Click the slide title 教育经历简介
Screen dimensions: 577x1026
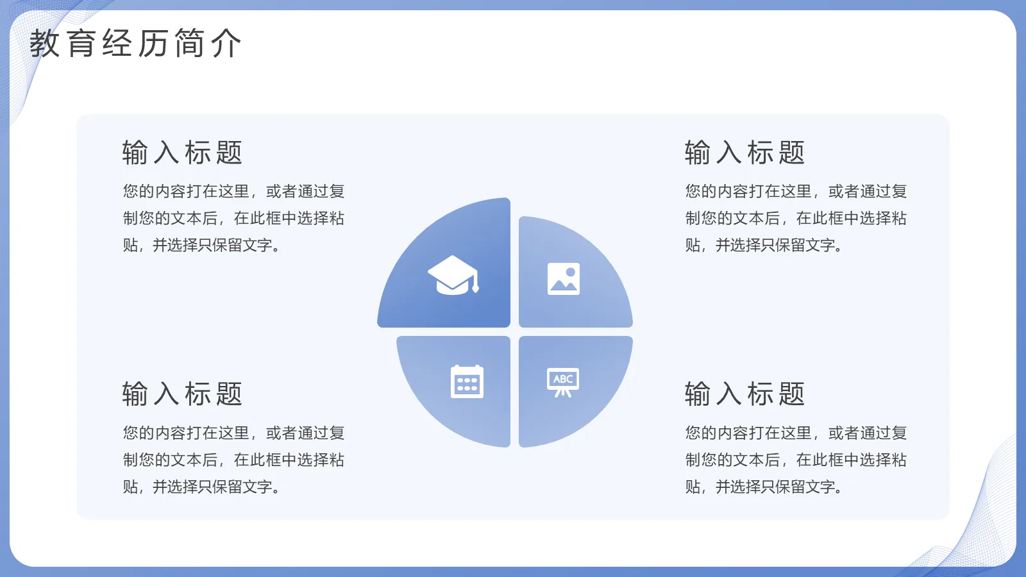[x=135, y=44]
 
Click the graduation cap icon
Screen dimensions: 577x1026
[x=453, y=275]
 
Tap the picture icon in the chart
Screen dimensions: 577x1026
[x=564, y=279]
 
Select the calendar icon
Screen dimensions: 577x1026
[x=467, y=382]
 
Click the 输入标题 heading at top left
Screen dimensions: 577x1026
[x=182, y=153]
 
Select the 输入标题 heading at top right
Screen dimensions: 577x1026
[x=744, y=153]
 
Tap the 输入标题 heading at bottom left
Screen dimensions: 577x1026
[x=182, y=394]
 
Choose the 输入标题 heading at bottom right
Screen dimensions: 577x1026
[x=744, y=394]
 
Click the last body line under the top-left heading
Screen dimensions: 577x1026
[x=202, y=246]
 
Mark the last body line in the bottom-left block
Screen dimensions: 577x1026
[x=202, y=487]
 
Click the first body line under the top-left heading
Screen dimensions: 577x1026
[x=234, y=192]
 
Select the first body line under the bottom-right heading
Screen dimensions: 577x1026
[x=796, y=433]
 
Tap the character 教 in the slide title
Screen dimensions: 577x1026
[x=45, y=44]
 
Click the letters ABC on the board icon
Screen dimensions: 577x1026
[x=563, y=379]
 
